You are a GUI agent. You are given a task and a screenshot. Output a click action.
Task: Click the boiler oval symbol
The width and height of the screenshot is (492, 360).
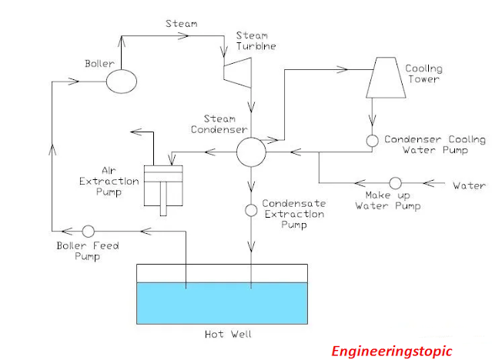[122, 79]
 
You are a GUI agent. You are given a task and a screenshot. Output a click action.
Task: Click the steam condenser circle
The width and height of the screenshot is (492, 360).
[250, 152]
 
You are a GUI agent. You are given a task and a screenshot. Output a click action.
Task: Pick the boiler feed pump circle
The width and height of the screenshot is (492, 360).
[88, 230]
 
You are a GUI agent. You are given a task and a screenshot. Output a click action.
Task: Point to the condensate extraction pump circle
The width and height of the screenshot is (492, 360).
[251, 210]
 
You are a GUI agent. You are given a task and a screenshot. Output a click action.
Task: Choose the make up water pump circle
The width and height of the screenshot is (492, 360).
[395, 184]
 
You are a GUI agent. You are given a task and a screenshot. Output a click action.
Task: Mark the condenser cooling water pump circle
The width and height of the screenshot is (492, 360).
[372, 141]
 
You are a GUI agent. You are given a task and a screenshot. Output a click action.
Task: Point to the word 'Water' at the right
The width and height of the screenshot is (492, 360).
[469, 185]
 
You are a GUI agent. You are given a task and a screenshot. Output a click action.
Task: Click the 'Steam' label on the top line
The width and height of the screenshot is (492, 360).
[181, 24]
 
